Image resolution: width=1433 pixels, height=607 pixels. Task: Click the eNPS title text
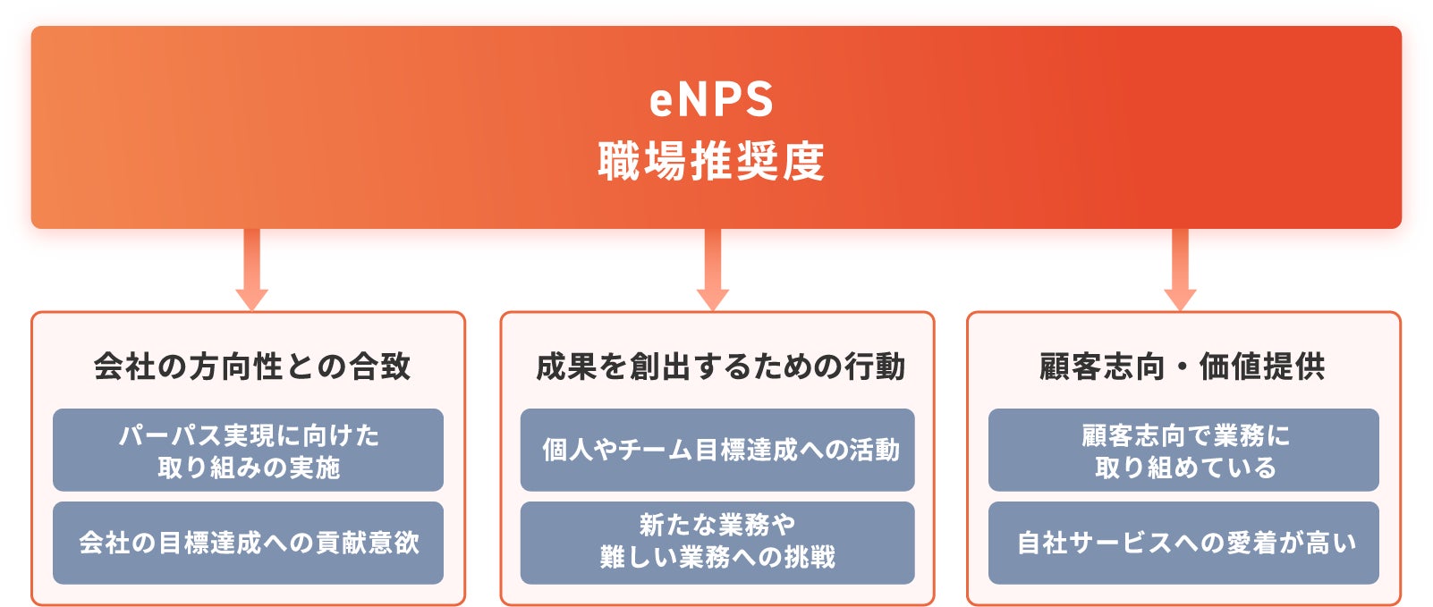point(711,99)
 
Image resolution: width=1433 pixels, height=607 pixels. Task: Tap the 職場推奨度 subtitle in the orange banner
point(711,162)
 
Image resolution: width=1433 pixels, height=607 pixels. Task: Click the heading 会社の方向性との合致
point(251,367)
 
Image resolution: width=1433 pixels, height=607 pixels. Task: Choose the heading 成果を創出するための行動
point(719,367)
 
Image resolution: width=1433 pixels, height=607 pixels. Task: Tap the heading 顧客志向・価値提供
point(1182,367)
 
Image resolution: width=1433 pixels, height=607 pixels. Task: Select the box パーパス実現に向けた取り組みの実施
point(248,451)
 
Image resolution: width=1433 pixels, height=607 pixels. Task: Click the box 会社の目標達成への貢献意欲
point(248,543)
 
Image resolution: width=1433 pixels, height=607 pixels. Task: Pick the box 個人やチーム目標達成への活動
point(717,451)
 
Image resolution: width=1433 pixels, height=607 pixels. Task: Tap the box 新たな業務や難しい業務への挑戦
point(717,543)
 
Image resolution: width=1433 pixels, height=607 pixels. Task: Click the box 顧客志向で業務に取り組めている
point(1183,451)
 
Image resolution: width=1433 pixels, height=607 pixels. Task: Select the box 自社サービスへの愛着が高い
point(1183,543)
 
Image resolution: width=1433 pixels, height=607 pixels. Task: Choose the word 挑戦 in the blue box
point(809,558)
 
